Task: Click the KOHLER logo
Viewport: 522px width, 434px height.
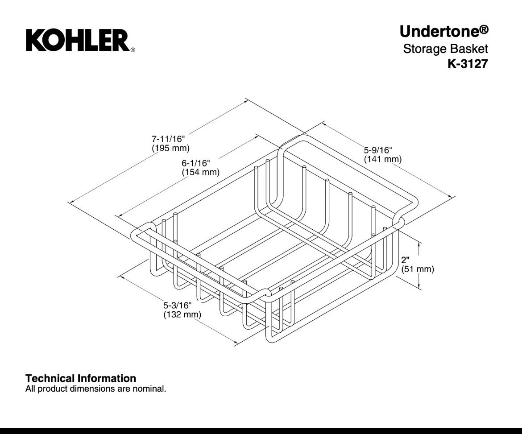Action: (78, 40)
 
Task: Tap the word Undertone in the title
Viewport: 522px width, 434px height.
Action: (439, 31)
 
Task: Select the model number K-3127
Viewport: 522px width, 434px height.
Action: (468, 63)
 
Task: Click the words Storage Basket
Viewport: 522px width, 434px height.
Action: (445, 49)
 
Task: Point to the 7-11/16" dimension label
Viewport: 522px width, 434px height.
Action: (168, 138)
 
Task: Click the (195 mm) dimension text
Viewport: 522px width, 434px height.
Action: (170, 148)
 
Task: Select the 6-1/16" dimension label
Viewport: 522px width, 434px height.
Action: (196, 163)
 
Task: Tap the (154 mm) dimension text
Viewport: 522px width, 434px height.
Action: (200, 172)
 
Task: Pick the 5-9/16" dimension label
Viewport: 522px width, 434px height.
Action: (378, 150)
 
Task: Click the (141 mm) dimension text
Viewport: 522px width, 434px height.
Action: (382, 159)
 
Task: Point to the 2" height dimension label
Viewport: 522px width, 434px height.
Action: (405, 260)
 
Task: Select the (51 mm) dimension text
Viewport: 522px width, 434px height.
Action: (418, 269)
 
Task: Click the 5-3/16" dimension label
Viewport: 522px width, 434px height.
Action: (178, 305)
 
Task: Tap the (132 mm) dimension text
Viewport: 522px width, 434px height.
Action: (182, 314)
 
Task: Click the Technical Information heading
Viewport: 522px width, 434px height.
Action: (81, 378)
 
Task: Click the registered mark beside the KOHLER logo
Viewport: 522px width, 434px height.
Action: (133, 50)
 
